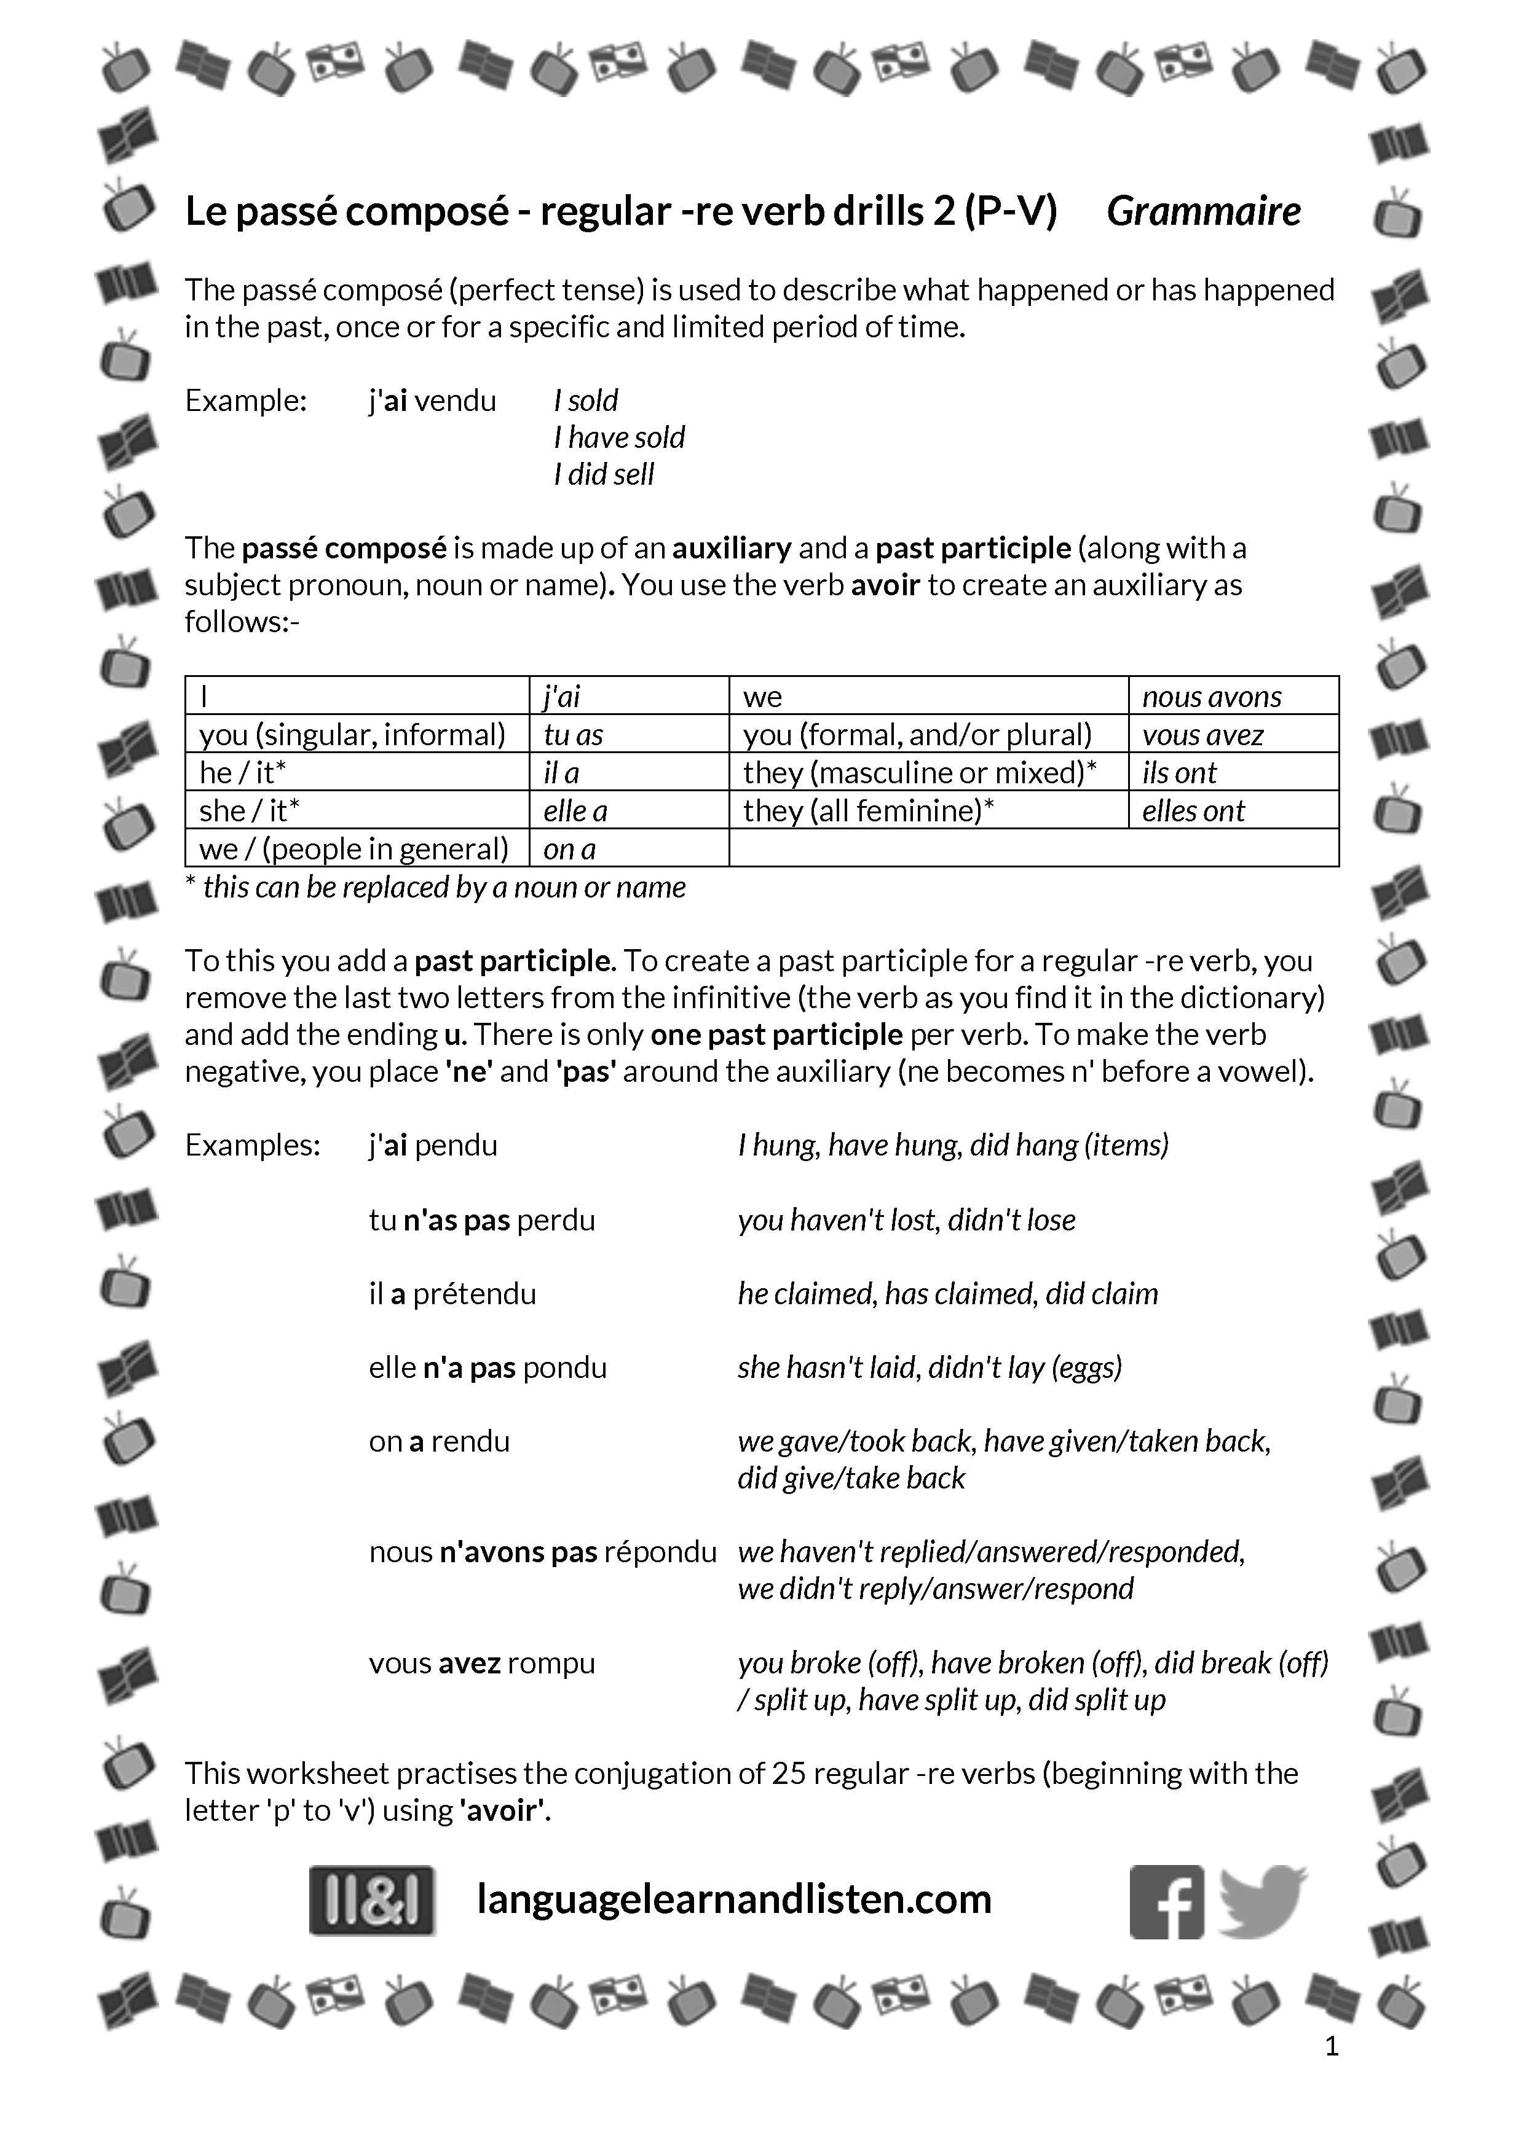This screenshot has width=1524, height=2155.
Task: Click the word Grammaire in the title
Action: [1203, 211]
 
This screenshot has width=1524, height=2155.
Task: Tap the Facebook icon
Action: [1166, 1901]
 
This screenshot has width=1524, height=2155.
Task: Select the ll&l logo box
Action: [372, 1901]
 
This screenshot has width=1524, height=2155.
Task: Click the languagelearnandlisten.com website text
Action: [734, 1899]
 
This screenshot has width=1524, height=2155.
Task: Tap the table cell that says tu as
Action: [628, 734]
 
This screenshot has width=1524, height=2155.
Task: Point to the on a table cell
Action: [628, 848]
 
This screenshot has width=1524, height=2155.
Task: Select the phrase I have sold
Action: [620, 437]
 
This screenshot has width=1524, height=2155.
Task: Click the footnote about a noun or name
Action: [436, 887]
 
